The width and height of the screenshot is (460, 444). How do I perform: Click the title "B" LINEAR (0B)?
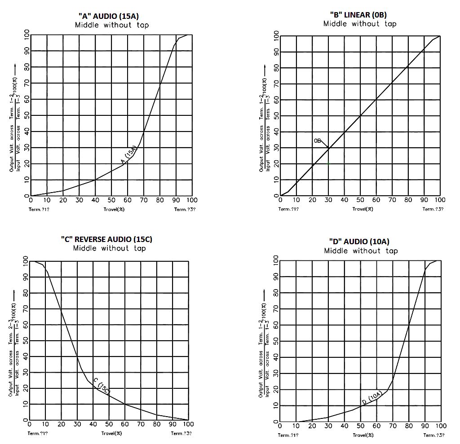tap(360, 15)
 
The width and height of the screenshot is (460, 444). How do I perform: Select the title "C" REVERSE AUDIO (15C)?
tap(110, 239)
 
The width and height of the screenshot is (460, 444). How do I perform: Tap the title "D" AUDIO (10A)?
tap(361, 242)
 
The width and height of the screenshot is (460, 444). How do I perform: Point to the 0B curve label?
tap(318, 141)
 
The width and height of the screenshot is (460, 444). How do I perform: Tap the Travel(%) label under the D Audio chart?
tap(363, 435)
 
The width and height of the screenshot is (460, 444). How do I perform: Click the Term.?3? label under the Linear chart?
tap(433, 209)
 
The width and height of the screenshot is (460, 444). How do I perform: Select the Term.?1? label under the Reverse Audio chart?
tap(37, 434)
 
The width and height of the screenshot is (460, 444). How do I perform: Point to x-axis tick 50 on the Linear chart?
tap(360, 200)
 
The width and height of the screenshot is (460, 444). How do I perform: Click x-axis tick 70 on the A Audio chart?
tap(144, 200)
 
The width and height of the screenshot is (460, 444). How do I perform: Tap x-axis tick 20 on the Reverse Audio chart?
tap(61, 424)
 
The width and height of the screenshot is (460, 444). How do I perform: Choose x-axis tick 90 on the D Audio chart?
tap(424, 426)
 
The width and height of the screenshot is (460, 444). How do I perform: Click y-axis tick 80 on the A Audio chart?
tap(27, 67)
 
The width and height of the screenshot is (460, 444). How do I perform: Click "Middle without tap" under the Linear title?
tap(360, 24)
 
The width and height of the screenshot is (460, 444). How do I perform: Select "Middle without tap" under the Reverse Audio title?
tap(110, 248)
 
